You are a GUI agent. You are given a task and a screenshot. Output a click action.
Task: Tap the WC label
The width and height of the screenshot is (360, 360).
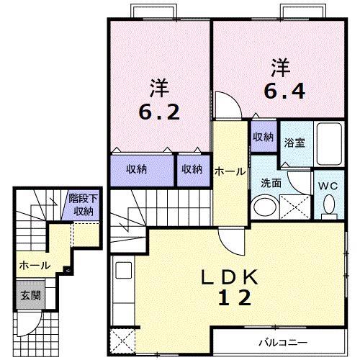(328, 184)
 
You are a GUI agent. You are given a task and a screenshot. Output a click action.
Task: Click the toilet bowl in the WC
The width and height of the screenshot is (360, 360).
(329, 206)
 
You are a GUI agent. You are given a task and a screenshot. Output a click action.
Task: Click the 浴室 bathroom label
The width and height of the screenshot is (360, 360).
(294, 142)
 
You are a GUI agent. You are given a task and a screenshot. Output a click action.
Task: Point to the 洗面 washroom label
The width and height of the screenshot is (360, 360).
(271, 183)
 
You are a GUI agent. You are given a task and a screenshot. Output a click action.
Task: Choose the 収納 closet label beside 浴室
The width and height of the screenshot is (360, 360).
(263, 136)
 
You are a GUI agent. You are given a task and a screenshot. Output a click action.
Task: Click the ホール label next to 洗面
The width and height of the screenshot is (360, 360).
(230, 171)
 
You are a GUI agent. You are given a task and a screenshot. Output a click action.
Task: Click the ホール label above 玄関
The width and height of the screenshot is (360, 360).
(35, 266)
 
